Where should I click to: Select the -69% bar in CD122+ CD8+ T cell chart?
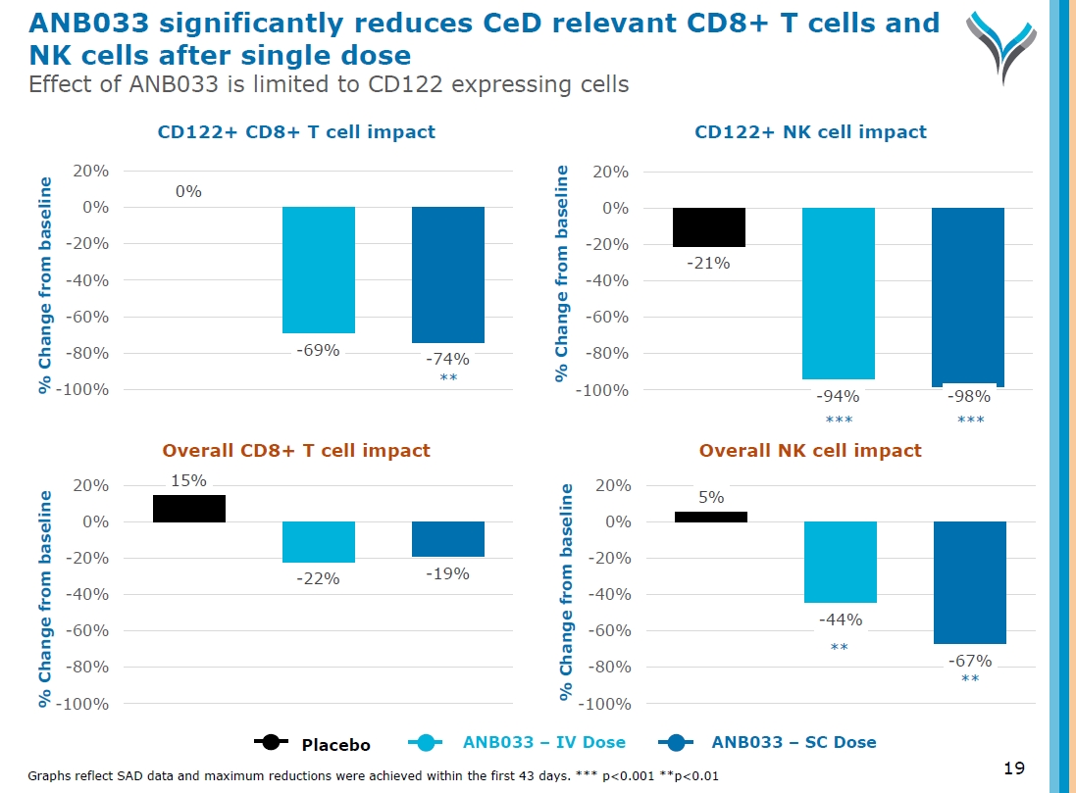(319, 270)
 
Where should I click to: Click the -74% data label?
(448, 359)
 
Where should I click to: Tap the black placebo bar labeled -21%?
(709, 227)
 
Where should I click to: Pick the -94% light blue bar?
(839, 293)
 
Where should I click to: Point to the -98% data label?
(969, 397)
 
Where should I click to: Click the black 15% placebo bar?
(189, 509)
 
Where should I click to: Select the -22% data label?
(319, 578)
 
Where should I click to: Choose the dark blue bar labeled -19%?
(448, 539)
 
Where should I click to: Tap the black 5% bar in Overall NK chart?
(711, 517)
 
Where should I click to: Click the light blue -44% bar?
(840, 562)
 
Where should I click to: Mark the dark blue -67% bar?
(969, 582)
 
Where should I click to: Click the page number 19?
(1015, 767)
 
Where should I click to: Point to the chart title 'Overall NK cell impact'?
(810, 451)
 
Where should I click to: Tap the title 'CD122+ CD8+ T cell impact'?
(296, 131)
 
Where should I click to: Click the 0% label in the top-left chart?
(188, 192)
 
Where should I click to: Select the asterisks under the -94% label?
(839, 420)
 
